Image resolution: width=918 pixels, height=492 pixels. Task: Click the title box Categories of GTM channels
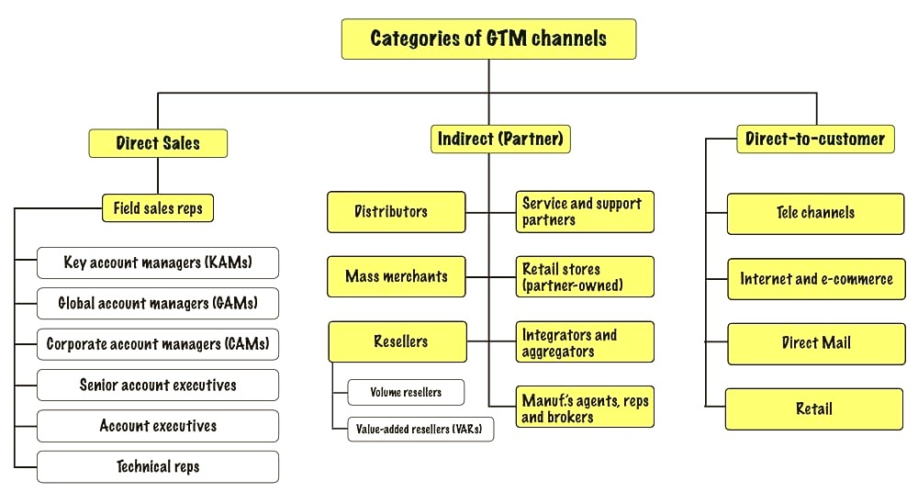point(489,39)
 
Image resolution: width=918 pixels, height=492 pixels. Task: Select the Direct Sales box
point(158,143)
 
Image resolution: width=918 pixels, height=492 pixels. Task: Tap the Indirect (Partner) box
point(500,139)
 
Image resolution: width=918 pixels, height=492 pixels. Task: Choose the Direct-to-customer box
point(815,139)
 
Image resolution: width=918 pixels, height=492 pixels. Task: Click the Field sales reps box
point(158,208)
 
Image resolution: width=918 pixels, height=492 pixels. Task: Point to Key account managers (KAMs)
point(158,263)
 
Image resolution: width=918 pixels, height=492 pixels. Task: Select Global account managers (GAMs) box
point(158,304)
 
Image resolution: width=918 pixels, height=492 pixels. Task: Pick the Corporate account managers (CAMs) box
point(158,344)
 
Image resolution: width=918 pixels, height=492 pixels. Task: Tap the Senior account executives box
point(158,385)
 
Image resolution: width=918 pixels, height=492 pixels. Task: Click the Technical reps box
point(158,467)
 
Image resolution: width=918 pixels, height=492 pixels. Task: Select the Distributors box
point(397,212)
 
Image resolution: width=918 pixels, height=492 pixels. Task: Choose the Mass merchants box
point(397,276)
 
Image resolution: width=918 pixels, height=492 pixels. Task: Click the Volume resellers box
point(407,393)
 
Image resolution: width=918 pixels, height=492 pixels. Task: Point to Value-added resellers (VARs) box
point(420,430)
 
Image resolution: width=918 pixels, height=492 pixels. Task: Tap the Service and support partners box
point(585,212)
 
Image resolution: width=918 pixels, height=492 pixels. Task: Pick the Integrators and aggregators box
point(585,342)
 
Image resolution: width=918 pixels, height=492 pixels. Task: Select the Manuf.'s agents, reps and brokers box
point(585,407)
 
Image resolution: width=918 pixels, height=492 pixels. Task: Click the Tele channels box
point(815,214)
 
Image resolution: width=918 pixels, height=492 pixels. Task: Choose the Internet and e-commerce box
point(816,279)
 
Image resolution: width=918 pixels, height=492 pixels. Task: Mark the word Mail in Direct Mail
point(834,342)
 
